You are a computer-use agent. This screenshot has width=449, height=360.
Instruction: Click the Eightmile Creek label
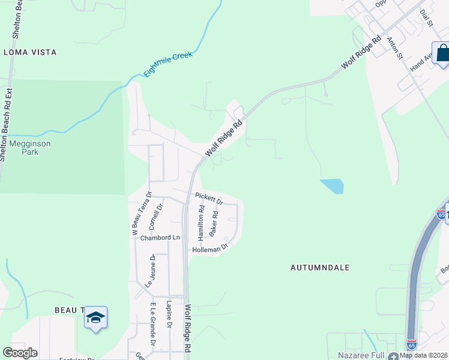168,64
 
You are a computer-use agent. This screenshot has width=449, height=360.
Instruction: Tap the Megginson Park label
29,148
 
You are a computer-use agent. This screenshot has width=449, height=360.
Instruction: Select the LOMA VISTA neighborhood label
30,52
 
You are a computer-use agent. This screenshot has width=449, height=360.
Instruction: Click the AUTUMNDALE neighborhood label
321,268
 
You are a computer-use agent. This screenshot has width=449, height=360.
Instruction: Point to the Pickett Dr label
209,197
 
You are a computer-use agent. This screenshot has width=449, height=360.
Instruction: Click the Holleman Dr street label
210,248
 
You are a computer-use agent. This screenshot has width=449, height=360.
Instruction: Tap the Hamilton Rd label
202,221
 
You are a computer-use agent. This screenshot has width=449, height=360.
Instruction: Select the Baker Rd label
214,223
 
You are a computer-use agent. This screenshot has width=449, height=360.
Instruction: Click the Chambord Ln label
160,238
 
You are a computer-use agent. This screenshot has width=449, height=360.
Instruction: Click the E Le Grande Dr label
153,325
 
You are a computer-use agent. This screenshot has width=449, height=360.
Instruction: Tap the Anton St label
394,48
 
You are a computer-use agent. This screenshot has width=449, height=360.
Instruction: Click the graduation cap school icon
95,317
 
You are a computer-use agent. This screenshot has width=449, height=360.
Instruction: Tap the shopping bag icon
442,53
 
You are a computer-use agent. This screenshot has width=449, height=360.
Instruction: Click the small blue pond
333,186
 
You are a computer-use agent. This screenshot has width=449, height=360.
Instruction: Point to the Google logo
20,353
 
